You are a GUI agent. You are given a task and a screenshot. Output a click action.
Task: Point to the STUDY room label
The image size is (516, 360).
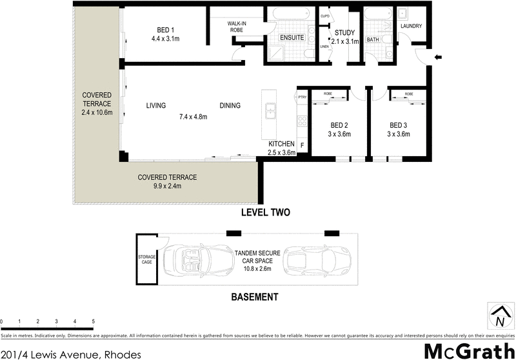pyautogui.click(x=345, y=33)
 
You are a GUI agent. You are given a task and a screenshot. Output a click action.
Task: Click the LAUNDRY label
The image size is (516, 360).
pyautogui.click(x=411, y=26)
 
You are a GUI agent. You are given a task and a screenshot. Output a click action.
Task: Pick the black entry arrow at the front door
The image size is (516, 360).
pyautogui.click(x=438, y=58)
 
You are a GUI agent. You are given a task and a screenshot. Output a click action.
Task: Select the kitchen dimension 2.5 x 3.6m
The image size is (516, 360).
pyautogui.click(x=281, y=153)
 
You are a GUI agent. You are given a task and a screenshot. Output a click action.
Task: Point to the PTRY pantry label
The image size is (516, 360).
pyautogui.click(x=302, y=97)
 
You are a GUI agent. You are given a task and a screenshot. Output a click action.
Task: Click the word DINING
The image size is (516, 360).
pyautogui.click(x=230, y=106)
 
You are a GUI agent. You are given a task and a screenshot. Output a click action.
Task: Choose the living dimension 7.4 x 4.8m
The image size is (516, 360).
pyautogui.click(x=192, y=117)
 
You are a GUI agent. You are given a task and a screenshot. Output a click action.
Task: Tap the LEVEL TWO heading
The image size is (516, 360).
pyautogui.click(x=265, y=212)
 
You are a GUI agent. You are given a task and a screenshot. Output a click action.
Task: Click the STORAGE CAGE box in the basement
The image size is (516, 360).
pyautogui.click(x=146, y=260)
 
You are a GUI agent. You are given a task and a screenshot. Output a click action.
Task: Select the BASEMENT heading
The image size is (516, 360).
pyautogui.click(x=254, y=297)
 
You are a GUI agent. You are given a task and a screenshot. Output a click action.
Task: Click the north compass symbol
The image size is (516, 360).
pyautogui.click(x=499, y=317)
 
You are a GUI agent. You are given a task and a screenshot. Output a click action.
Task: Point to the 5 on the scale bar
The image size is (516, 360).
pyautogui.click(x=94, y=321)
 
